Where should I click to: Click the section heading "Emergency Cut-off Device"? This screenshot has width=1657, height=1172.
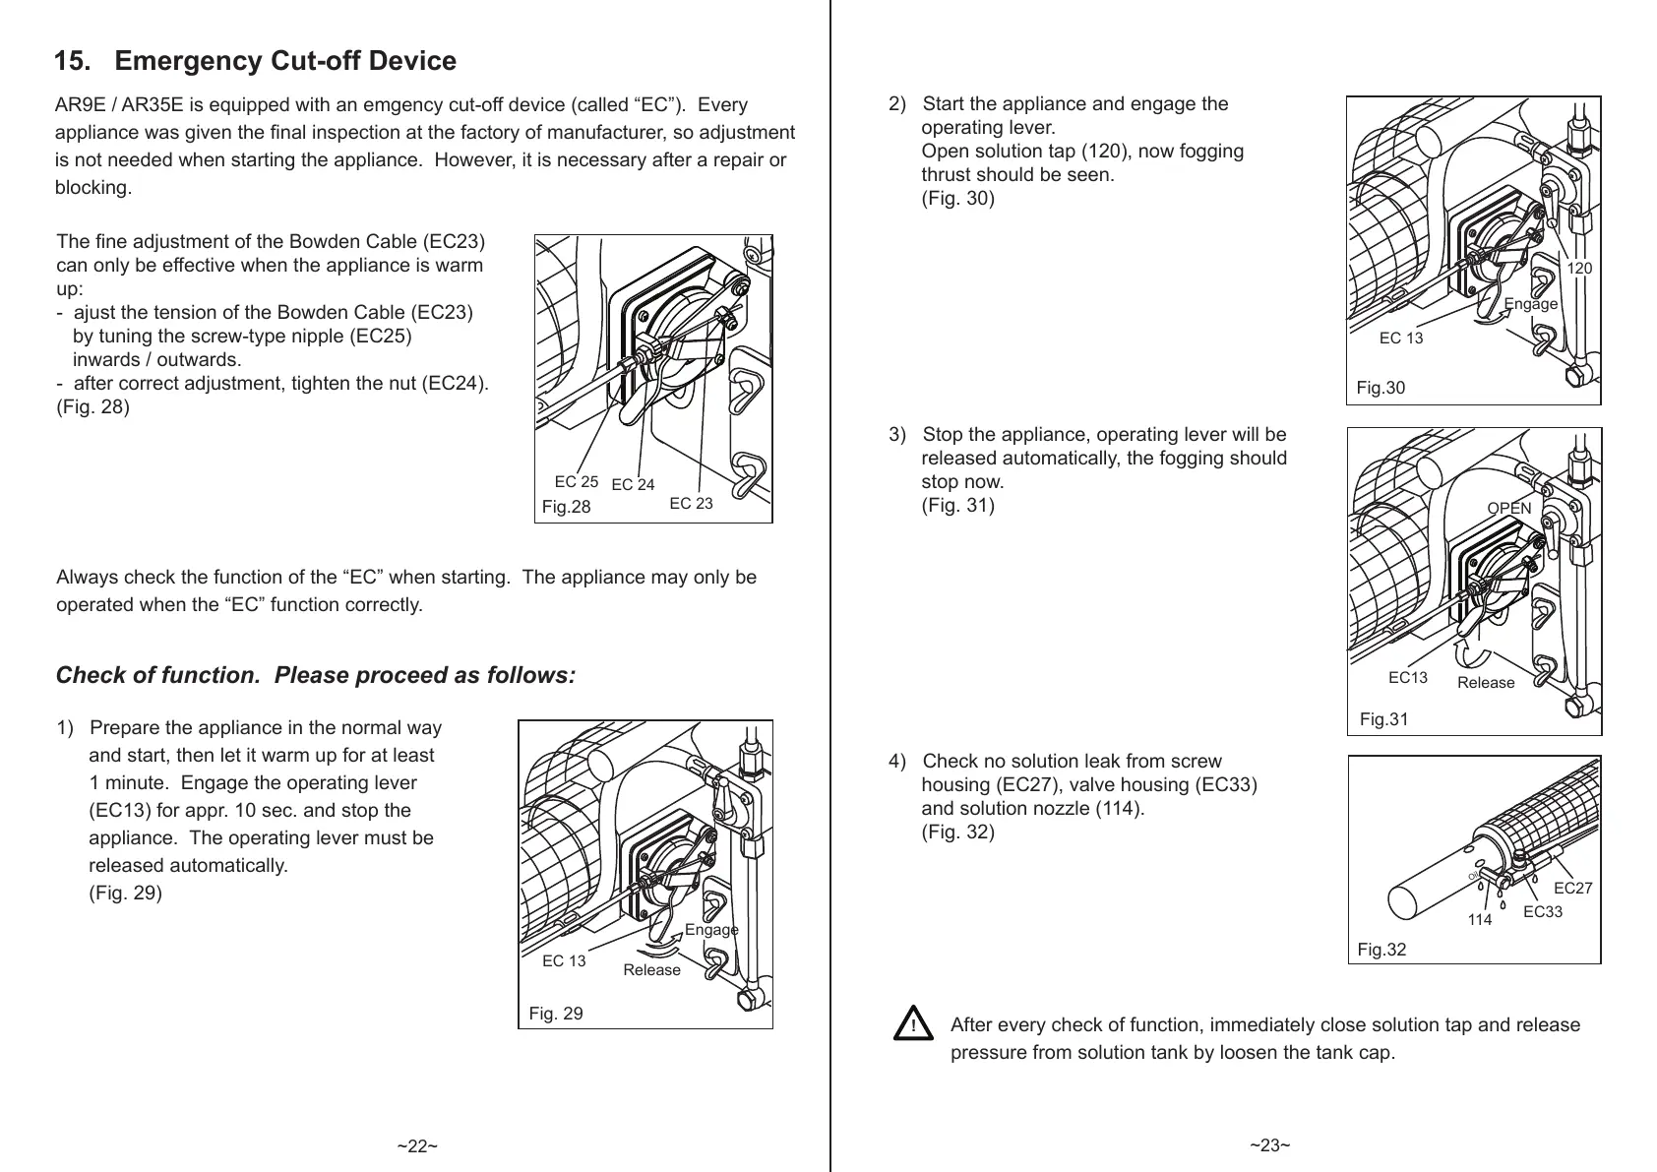point(284,62)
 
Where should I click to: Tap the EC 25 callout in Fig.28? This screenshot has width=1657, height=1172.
point(576,482)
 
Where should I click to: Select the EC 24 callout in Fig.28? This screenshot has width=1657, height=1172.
point(633,484)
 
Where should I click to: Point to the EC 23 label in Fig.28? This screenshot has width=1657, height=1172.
point(691,504)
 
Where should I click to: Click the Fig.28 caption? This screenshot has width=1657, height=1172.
point(567,507)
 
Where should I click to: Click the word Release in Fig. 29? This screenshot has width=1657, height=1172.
point(651,970)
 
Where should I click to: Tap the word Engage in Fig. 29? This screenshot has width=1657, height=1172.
point(710,930)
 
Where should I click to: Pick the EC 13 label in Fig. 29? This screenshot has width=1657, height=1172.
point(564,961)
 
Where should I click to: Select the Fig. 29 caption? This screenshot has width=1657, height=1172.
point(556,1014)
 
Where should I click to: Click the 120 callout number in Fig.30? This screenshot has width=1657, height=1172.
point(1579,269)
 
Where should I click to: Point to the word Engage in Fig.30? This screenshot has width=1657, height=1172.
point(1531,304)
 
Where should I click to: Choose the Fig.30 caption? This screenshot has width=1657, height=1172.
point(1381,388)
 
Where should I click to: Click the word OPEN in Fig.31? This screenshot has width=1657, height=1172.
point(1508,509)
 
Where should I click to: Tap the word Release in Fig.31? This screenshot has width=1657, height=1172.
point(1486,683)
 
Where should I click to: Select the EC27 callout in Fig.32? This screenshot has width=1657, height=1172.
point(1572,889)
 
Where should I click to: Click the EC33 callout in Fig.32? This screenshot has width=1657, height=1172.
point(1542,912)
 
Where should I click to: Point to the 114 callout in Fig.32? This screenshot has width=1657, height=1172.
point(1479,920)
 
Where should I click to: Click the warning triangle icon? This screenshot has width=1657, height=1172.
point(914,1024)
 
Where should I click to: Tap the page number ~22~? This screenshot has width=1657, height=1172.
point(417,1146)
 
